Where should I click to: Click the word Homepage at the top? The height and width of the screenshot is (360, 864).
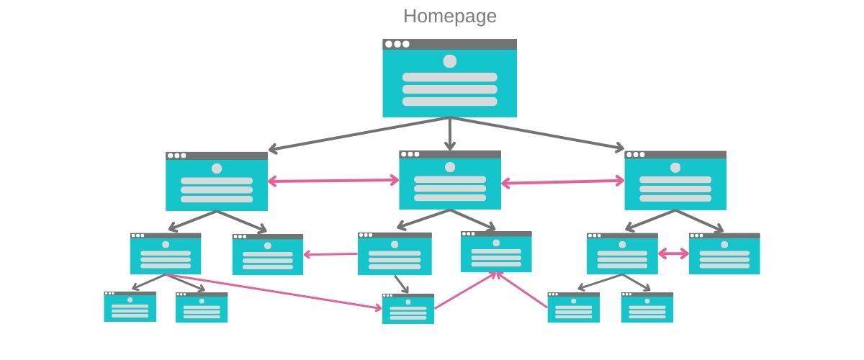tap(449, 16)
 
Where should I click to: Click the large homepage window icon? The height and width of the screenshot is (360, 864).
tap(449, 79)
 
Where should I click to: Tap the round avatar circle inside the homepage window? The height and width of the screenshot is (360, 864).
tap(449, 61)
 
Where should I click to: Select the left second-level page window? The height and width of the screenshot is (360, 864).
tap(217, 182)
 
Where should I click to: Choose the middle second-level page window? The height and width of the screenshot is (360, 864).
tap(450, 181)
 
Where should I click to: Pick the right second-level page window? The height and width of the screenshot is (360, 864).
tap(675, 181)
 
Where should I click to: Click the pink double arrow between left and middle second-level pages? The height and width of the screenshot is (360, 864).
tap(333, 181)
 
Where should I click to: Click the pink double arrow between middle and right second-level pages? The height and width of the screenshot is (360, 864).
tap(563, 183)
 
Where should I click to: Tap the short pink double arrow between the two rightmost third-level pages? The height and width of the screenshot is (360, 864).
tap(673, 253)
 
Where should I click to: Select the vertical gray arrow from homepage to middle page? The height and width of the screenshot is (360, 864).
tap(450, 134)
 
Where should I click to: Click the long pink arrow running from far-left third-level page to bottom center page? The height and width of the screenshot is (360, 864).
tap(274, 292)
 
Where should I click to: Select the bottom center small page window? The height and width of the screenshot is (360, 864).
tap(408, 310)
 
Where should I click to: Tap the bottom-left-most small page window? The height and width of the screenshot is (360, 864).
tap(130, 307)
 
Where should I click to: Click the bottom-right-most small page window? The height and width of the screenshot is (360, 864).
tap(647, 308)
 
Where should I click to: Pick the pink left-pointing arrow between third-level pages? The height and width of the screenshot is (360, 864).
tap(330, 253)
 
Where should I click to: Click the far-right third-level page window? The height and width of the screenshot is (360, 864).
tap(724, 254)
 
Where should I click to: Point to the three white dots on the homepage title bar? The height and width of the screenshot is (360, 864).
tap(397, 44)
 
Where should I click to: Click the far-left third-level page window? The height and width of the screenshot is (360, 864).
tap(166, 254)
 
